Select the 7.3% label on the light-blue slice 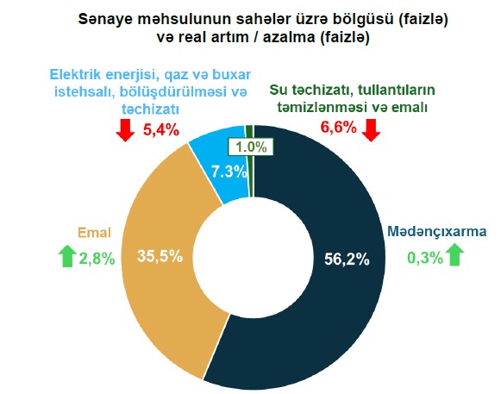[x=230, y=171]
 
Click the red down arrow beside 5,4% [x=124, y=129]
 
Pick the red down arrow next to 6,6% [x=372, y=129]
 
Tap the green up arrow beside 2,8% [x=66, y=257]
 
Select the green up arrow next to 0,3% [x=455, y=255]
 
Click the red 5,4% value [x=160, y=129]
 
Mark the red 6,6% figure [x=338, y=129]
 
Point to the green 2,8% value [x=96, y=258]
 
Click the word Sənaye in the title [x=102, y=16]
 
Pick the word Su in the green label [x=279, y=90]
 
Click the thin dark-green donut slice [x=249, y=130]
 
